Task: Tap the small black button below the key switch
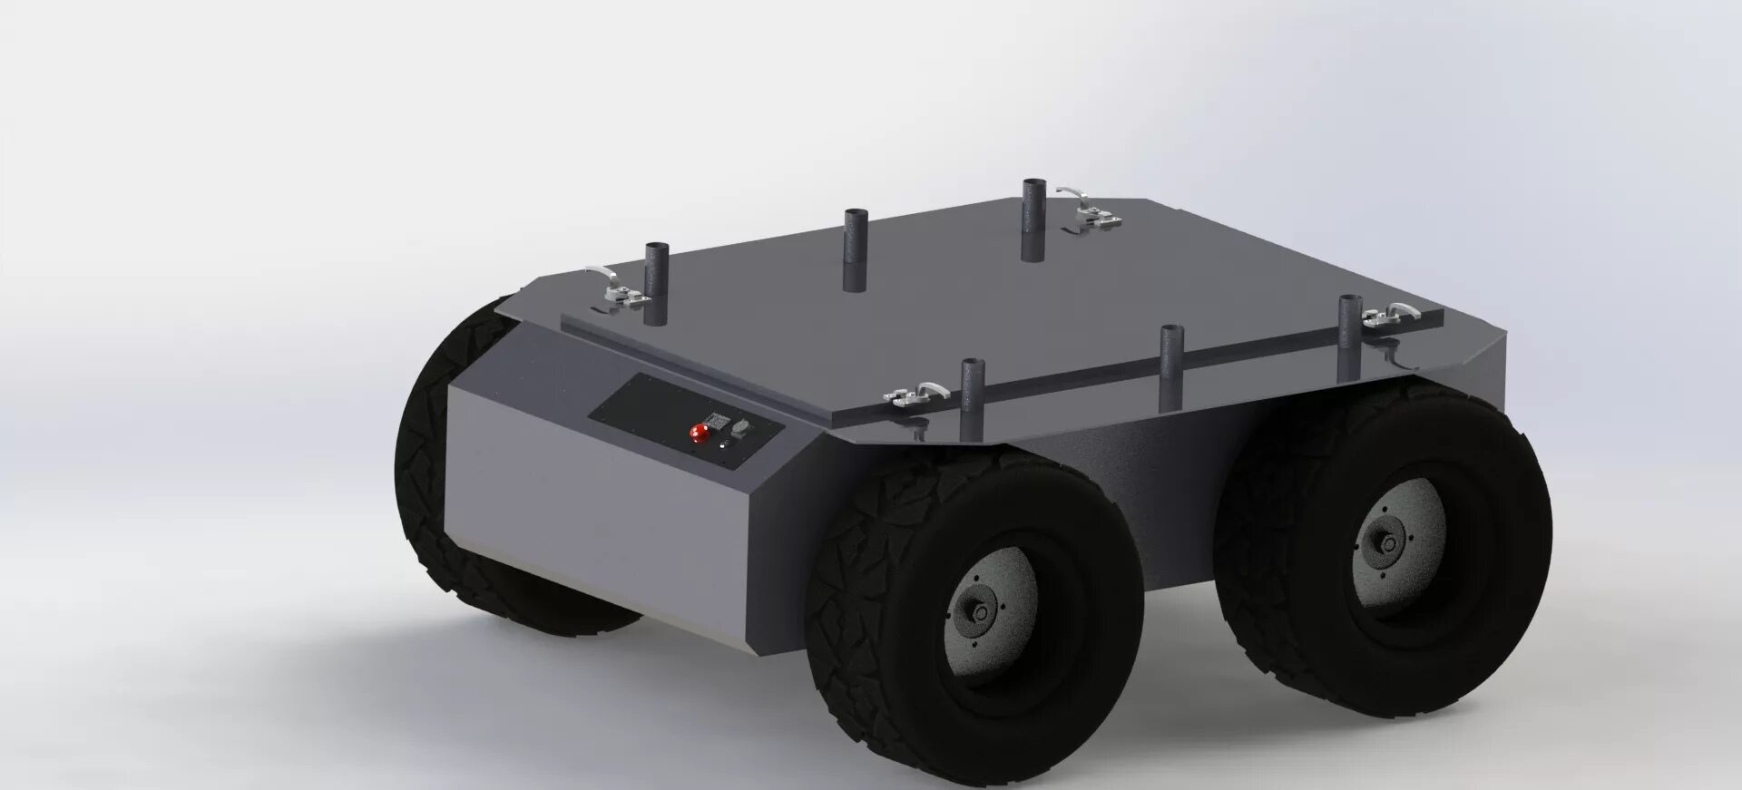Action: [x=724, y=446]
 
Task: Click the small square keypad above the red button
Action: [x=716, y=420]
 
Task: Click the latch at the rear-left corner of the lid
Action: [x=619, y=288]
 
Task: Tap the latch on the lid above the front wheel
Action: [x=913, y=395]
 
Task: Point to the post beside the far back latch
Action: [x=1032, y=220]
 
